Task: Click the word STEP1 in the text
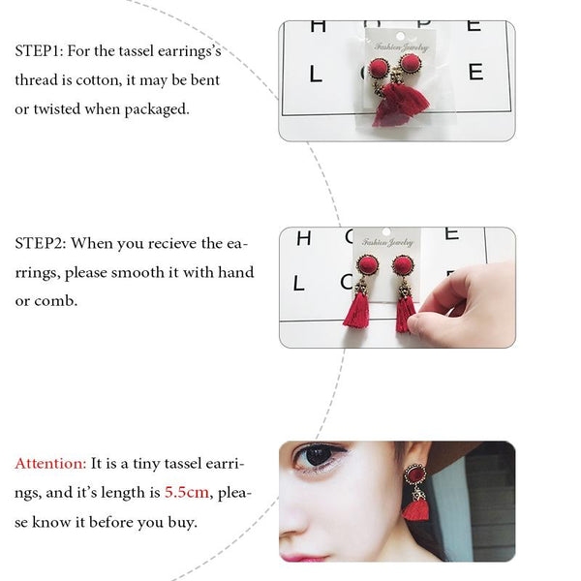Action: (x=40, y=50)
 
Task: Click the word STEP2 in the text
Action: (x=41, y=243)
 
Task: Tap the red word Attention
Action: (x=50, y=463)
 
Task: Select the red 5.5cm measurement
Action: (x=187, y=492)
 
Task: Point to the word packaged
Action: (x=157, y=109)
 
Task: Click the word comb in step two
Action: (x=55, y=300)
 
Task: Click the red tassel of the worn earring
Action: (x=415, y=508)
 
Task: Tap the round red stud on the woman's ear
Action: (x=414, y=474)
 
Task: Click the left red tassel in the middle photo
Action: (x=356, y=310)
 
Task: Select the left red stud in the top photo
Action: (x=379, y=70)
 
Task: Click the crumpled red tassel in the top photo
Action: (x=401, y=105)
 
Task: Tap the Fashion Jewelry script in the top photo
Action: (x=402, y=47)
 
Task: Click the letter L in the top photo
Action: (x=316, y=75)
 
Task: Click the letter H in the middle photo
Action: (x=304, y=238)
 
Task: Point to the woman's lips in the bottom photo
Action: (x=302, y=558)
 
